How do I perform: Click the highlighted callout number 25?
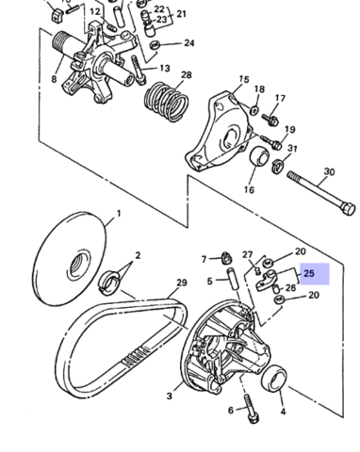(x=309, y=274)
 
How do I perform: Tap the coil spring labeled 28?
(x=166, y=102)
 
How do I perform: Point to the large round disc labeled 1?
(x=69, y=259)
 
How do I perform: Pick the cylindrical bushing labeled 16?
(x=259, y=159)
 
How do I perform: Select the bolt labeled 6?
(x=252, y=408)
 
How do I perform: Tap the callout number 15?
(x=244, y=79)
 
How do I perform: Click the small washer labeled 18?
(x=254, y=110)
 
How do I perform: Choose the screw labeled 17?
(x=270, y=120)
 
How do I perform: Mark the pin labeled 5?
(x=232, y=279)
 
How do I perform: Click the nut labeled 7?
(x=226, y=258)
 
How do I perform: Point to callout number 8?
(x=54, y=79)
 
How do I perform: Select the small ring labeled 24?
(x=155, y=45)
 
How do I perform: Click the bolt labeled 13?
(x=139, y=71)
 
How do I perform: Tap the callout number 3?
(x=170, y=395)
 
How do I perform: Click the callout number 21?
(x=181, y=14)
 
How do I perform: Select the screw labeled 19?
(x=270, y=142)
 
